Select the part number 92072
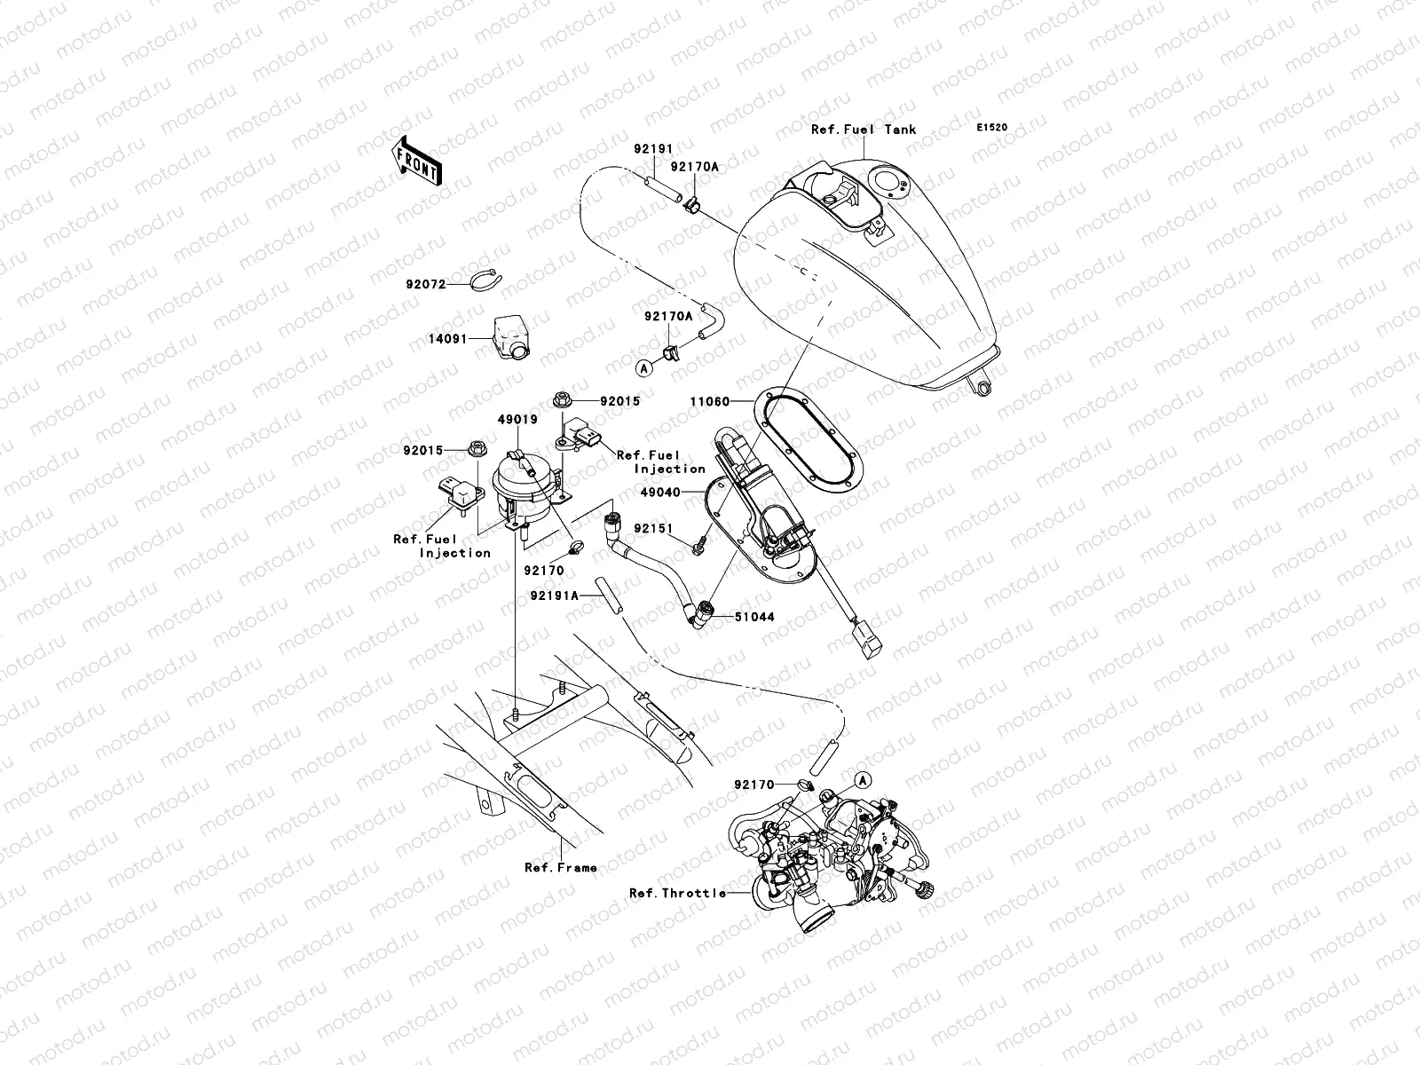pyautogui.click(x=424, y=284)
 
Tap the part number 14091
pyautogui.click(x=449, y=338)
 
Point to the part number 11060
pyautogui.click(x=709, y=402)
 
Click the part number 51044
pyautogui.click(x=755, y=616)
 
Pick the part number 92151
pyautogui.click(x=653, y=529)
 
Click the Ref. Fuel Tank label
pyautogui.click(x=864, y=130)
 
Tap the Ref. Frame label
pyautogui.click(x=560, y=868)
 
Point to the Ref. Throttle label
pyautogui.click(x=677, y=893)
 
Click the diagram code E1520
pyautogui.click(x=992, y=128)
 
